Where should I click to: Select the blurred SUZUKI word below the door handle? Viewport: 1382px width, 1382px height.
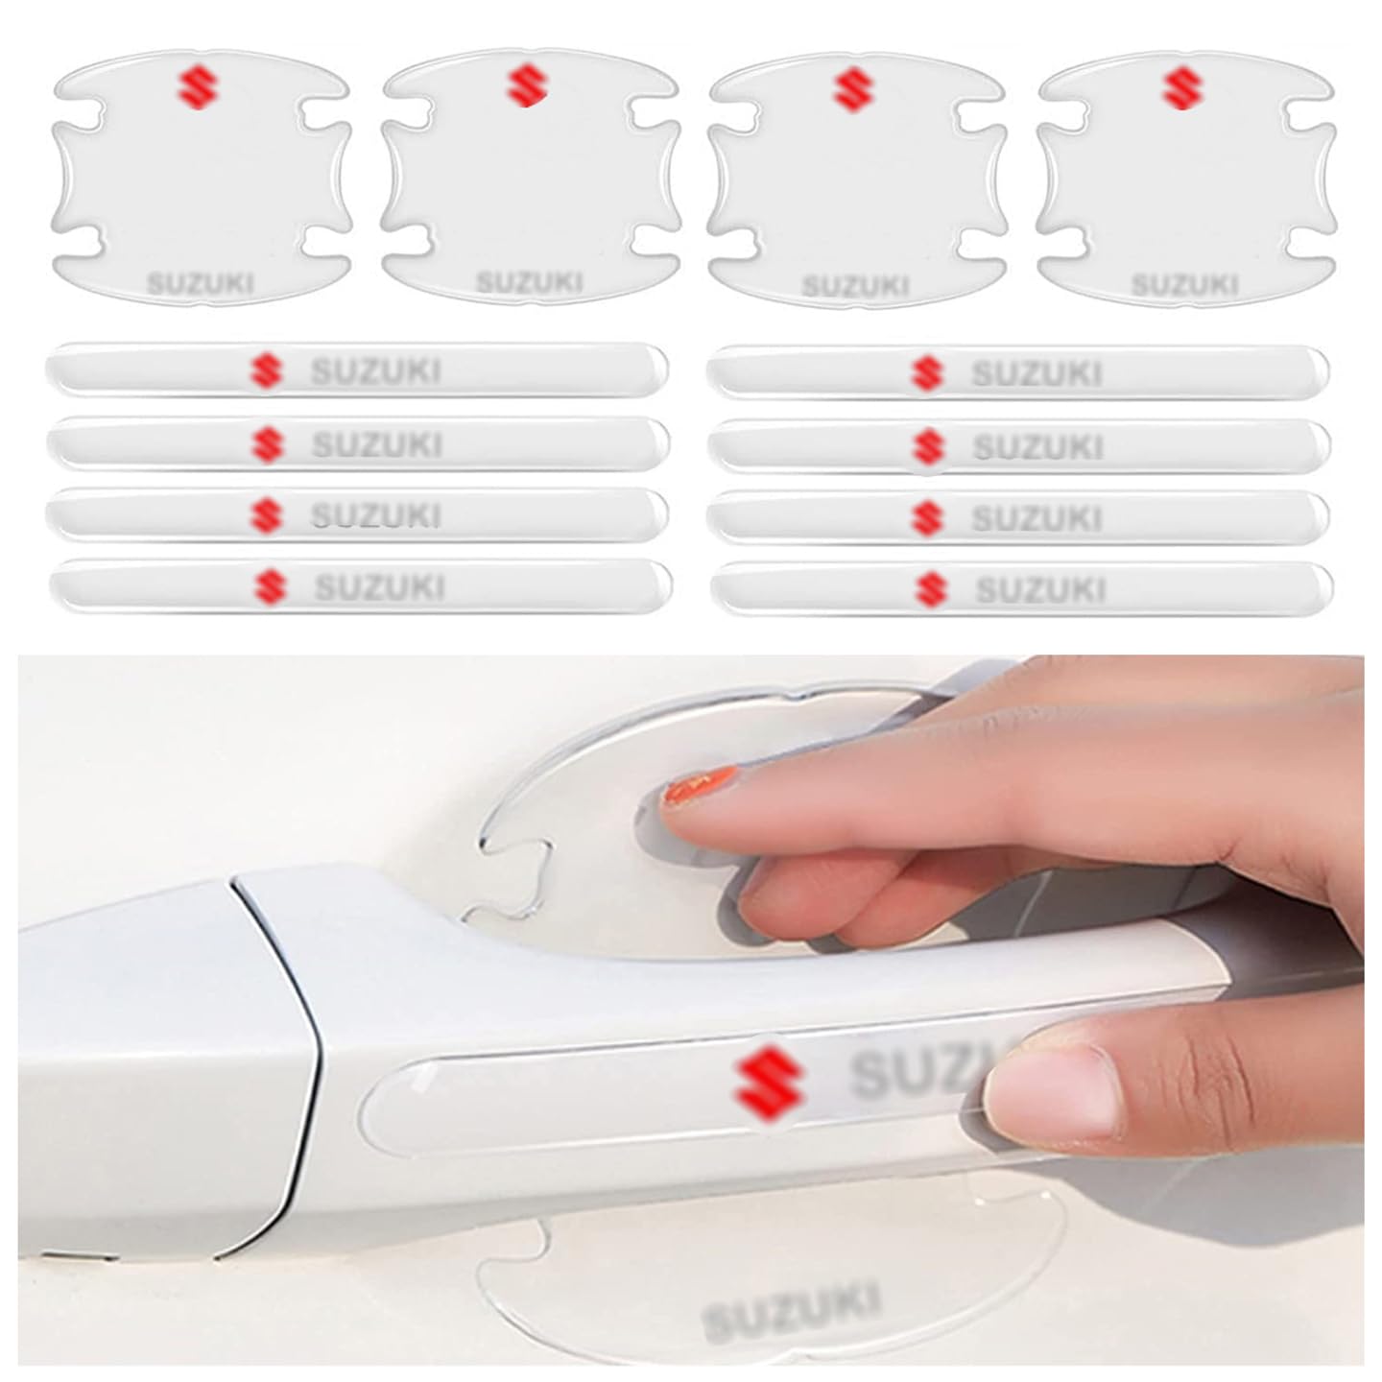tap(791, 1311)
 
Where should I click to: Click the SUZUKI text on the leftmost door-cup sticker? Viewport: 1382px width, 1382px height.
tap(200, 283)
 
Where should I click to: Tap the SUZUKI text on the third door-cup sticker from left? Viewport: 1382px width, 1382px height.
tap(854, 286)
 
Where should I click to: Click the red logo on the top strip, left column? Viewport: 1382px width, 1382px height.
tap(266, 370)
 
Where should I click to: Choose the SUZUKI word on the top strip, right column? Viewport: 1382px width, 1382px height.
tap(1036, 372)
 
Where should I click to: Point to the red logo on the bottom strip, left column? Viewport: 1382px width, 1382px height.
tap(270, 586)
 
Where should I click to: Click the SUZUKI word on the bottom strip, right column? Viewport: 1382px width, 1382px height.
tap(1040, 589)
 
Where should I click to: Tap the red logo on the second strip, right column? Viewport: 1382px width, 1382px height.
tap(926, 446)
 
